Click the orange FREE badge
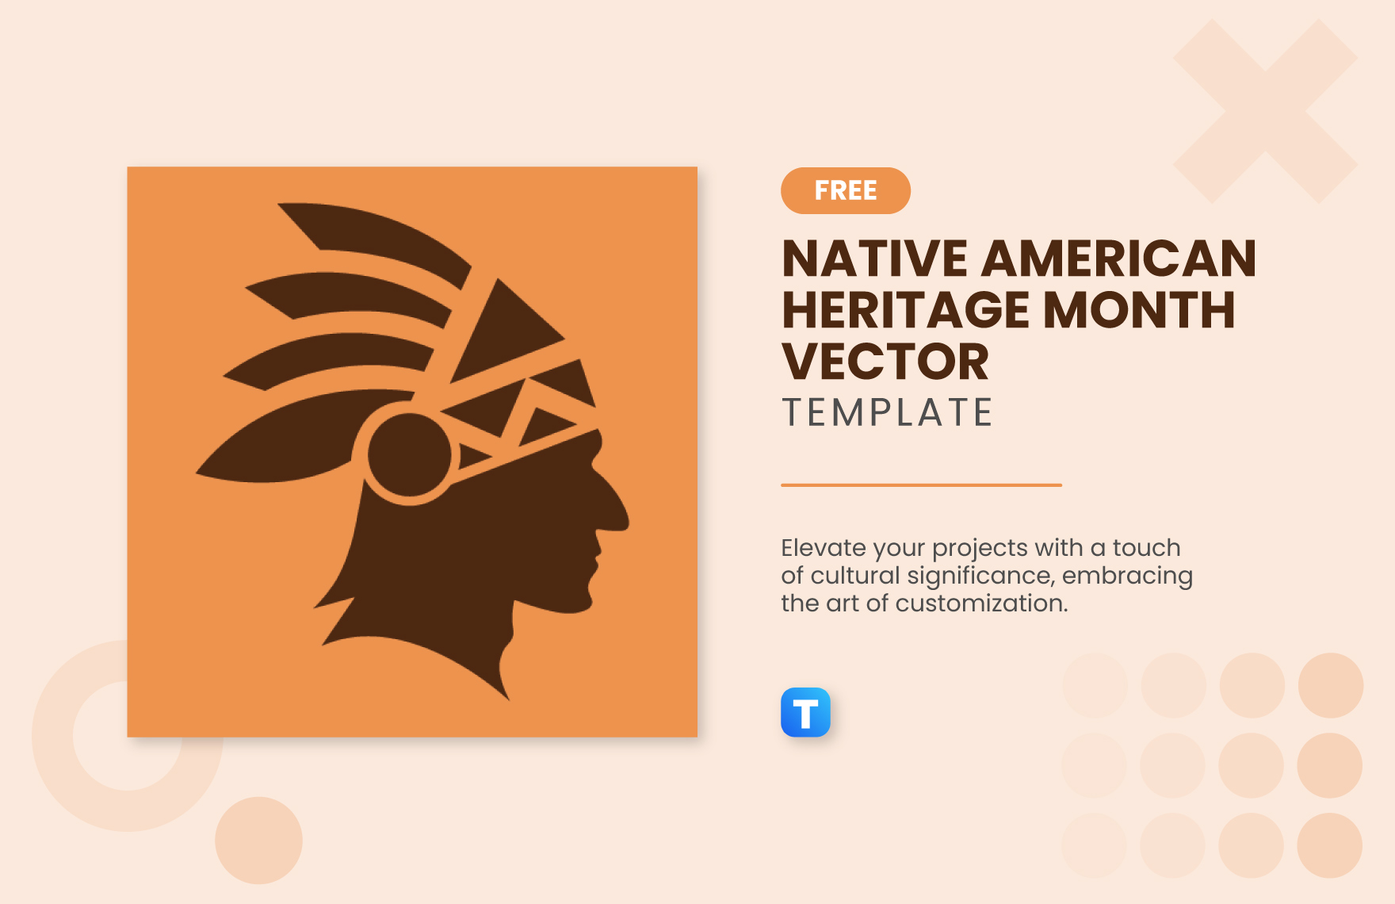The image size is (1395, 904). pos(846,190)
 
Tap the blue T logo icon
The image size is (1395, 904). pos(805,712)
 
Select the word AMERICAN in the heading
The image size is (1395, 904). pos(1119,259)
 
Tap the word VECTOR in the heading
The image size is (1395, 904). pos(885,362)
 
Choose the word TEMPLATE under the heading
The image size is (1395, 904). pos(887,412)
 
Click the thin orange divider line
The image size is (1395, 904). pos(921,485)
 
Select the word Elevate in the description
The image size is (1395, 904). pos(823,547)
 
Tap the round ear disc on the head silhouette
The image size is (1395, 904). pos(410,455)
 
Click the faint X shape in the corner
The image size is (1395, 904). pos(1266,111)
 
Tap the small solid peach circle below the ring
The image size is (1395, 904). pos(258,841)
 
